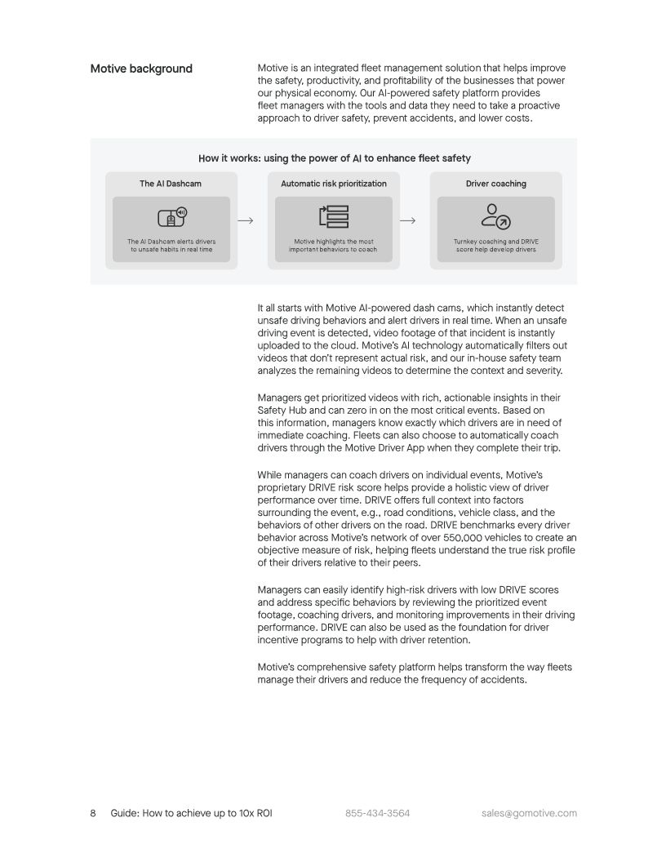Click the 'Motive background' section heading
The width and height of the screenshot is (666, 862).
coord(141,69)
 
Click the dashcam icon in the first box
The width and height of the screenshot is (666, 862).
coord(171,217)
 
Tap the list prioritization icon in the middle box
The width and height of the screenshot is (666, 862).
coord(333,217)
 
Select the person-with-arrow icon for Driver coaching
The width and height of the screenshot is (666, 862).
coord(495,216)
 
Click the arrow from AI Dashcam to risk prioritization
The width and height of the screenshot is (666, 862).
coord(245,220)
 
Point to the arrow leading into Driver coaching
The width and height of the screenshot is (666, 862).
coord(408,220)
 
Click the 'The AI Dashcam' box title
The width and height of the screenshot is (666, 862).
coord(171,184)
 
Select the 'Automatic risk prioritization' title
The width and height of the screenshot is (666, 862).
coord(334,184)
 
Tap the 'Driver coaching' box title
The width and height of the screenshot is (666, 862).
coord(496,184)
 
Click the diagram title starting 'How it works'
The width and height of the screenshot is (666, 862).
coord(334,158)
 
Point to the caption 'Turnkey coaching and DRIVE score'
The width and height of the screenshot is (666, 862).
coord(495,246)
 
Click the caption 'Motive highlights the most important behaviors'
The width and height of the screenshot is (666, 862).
coord(333,246)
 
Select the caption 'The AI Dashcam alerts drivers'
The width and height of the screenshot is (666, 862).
coord(171,246)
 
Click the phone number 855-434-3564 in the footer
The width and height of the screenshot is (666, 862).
coord(377,813)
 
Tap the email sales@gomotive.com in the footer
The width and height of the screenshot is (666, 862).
coord(529,813)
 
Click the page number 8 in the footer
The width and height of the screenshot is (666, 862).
coord(93,813)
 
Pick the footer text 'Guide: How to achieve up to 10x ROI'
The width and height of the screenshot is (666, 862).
coord(191,813)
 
